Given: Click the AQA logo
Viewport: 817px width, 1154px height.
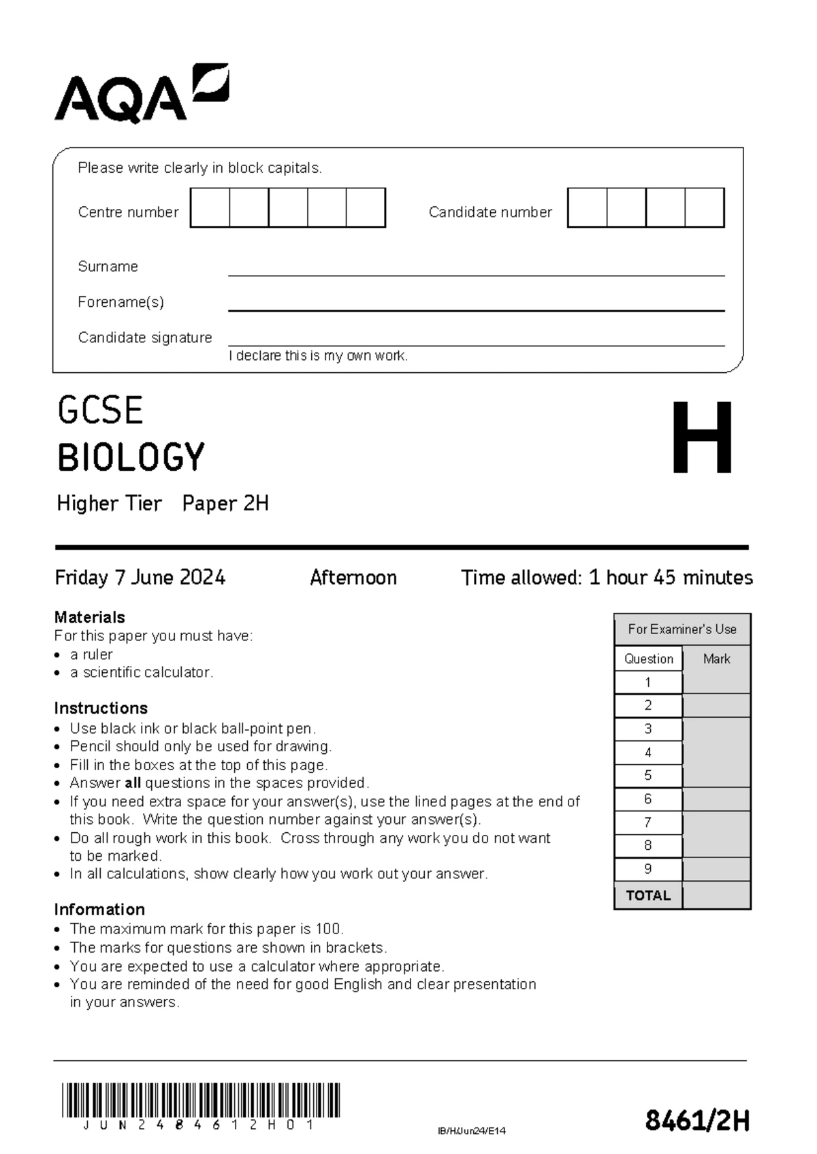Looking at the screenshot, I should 141,95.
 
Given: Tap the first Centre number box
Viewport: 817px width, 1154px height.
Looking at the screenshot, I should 210,208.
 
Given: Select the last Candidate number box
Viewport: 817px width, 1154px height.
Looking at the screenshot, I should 705,208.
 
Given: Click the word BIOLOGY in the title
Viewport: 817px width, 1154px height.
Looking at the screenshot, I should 131,457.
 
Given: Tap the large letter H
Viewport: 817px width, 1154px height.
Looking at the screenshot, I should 702,438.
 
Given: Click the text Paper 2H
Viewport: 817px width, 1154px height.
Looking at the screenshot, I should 225,504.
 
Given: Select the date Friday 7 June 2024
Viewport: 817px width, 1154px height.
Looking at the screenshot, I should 140,578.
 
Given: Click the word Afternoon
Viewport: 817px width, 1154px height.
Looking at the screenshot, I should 353,578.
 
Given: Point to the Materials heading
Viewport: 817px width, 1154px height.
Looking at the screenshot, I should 89,617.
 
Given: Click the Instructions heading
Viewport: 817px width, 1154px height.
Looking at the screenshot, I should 100,708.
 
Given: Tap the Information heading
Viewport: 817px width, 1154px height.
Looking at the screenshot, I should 99,910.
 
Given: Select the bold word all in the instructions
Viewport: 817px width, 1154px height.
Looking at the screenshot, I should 133,783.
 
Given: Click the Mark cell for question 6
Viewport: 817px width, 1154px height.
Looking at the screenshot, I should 716,799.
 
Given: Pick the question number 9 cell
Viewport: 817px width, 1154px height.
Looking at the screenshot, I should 648,870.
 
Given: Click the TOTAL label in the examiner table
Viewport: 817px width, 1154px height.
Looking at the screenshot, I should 648,895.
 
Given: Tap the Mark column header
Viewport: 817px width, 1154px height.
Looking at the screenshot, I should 716,659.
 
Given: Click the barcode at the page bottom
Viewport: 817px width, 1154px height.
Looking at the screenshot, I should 200,1102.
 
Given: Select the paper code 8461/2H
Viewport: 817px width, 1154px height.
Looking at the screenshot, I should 697,1120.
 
